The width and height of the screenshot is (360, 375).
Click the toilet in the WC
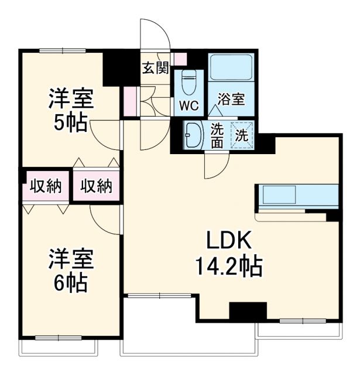click(189, 83)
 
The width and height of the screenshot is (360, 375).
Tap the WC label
click(189, 106)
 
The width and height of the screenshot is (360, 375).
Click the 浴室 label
click(231, 100)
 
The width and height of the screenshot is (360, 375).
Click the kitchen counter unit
click(297, 196)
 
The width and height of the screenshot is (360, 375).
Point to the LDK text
click(228, 241)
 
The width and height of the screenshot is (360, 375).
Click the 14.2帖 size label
click(228, 267)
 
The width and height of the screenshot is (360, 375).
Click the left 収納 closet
click(46, 186)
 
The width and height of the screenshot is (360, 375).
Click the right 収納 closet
click(96, 186)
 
